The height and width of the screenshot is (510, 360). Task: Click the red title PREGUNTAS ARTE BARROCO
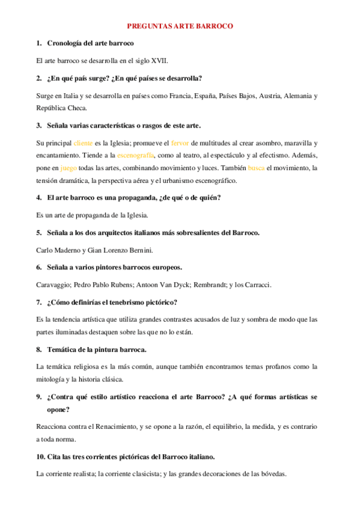tap(180, 26)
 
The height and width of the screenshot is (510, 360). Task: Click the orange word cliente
tap(83, 143)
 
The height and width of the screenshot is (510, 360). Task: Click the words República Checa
tap(62, 108)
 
